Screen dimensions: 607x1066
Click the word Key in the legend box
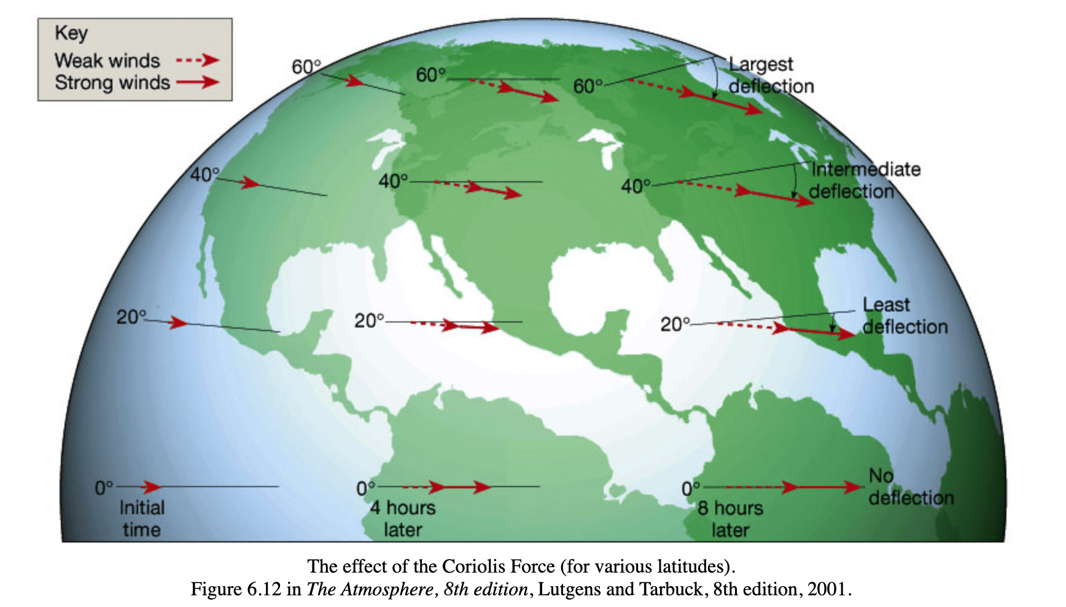tap(71, 33)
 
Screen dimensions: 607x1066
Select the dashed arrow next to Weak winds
tap(197, 60)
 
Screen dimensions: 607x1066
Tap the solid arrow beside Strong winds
tap(197, 82)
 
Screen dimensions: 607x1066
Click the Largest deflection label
tap(771, 75)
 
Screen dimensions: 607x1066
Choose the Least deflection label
tap(904, 315)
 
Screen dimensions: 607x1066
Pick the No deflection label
tap(910, 487)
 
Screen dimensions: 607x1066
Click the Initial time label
tap(142, 518)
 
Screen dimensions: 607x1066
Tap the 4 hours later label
tap(403, 518)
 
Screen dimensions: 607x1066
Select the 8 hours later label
tap(730, 519)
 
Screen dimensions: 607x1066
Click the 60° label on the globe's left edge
tap(306, 66)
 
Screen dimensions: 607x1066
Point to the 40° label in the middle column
tap(393, 181)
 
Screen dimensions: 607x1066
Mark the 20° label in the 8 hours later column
tap(675, 324)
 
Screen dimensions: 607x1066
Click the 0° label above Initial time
tap(104, 488)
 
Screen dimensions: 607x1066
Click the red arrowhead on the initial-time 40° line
tap(250, 182)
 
